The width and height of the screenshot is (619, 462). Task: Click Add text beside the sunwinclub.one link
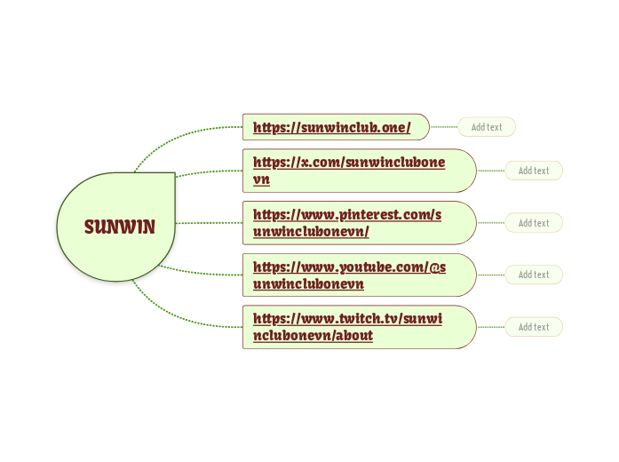coord(487,127)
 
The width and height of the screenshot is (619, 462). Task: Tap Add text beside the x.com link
coord(534,171)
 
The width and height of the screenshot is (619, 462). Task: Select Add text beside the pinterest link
coord(534,223)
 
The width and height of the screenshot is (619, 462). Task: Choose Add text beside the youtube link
coord(534,275)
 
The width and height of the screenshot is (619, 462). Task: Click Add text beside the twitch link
coord(534,327)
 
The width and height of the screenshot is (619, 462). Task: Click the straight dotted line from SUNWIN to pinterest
coord(209,223)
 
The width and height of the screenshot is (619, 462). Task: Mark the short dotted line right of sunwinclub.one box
coord(443,127)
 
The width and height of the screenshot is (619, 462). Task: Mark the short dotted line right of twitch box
coord(490,327)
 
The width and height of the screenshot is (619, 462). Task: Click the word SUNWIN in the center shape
coord(120,227)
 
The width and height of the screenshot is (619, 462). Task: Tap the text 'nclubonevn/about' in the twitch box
coord(313,336)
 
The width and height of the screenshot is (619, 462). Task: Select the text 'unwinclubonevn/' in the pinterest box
coord(311,232)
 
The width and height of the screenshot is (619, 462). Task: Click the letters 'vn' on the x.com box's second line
coord(261,179)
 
